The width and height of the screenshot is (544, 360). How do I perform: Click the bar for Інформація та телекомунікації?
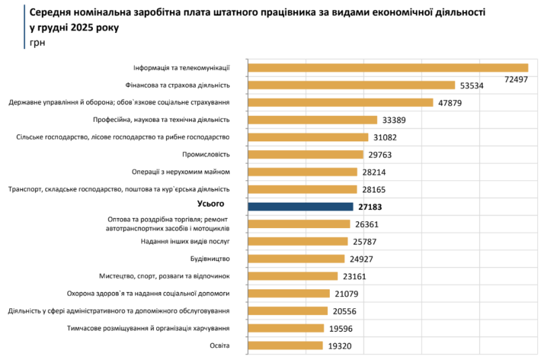click(388, 67)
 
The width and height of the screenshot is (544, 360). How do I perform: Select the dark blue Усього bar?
click(300, 207)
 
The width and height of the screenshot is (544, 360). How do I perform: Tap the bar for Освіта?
click(285, 345)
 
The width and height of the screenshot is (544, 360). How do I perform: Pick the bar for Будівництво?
click(296, 258)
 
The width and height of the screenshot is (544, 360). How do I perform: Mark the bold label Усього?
click(209, 203)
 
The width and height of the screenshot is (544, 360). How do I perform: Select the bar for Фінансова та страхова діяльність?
click(351, 85)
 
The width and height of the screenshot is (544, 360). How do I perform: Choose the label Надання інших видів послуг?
click(185, 241)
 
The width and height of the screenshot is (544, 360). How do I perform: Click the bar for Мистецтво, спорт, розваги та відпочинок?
click(293, 276)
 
